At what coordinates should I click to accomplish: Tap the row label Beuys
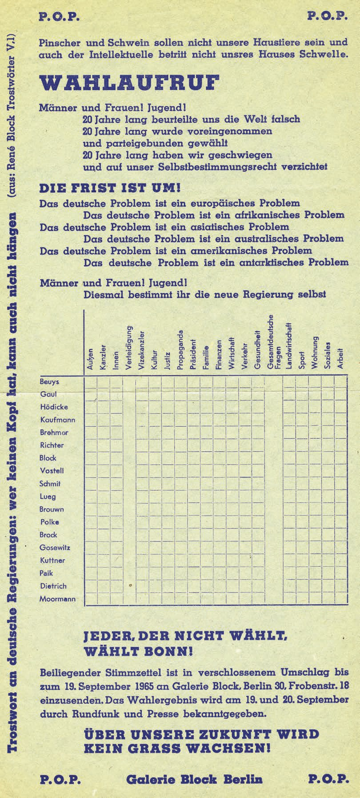[x=49, y=382]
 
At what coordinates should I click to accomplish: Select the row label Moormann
[x=57, y=599]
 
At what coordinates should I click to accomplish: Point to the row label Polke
[x=49, y=522]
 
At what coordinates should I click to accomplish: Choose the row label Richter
[x=52, y=445]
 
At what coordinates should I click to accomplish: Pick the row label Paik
[x=47, y=573]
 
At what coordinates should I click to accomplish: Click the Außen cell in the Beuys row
[x=91, y=382]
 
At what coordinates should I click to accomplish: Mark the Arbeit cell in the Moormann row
[x=340, y=599]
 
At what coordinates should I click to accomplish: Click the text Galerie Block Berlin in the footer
[x=194, y=779]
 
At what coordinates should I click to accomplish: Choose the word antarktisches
[x=273, y=262]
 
